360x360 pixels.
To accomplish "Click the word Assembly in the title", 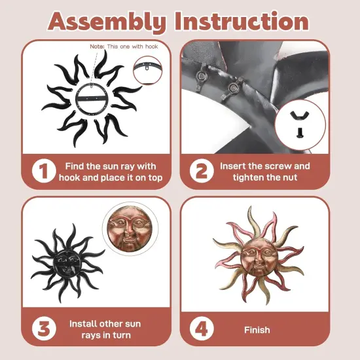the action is pyautogui.click(x=107, y=22).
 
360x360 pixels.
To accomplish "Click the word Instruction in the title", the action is pyautogui.click(x=242, y=21).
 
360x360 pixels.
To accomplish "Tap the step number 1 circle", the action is pyautogui.click(x=44, y=171).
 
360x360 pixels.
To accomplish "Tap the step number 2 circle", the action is pyautogui.click(x=202, y=171).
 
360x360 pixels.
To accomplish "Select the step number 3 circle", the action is pyautogui.click(x=44, y=329).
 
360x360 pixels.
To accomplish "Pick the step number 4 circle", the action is pyautogui.click(x=202, y=329).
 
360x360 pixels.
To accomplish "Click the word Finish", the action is pyautogui.click(x=257, y=330).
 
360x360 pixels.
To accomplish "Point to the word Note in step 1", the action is pyautogui.click(x=97, y=46).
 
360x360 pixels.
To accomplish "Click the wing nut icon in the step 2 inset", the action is pyautogui.click(x=299, y=115).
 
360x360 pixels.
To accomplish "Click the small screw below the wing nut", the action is pyautogui.click(x=300, y=132).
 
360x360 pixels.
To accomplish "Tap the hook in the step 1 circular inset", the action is pyautogui.click(x=147, y=67).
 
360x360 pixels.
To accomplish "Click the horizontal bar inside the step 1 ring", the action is pyautogui.click(x=92, y=98).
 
